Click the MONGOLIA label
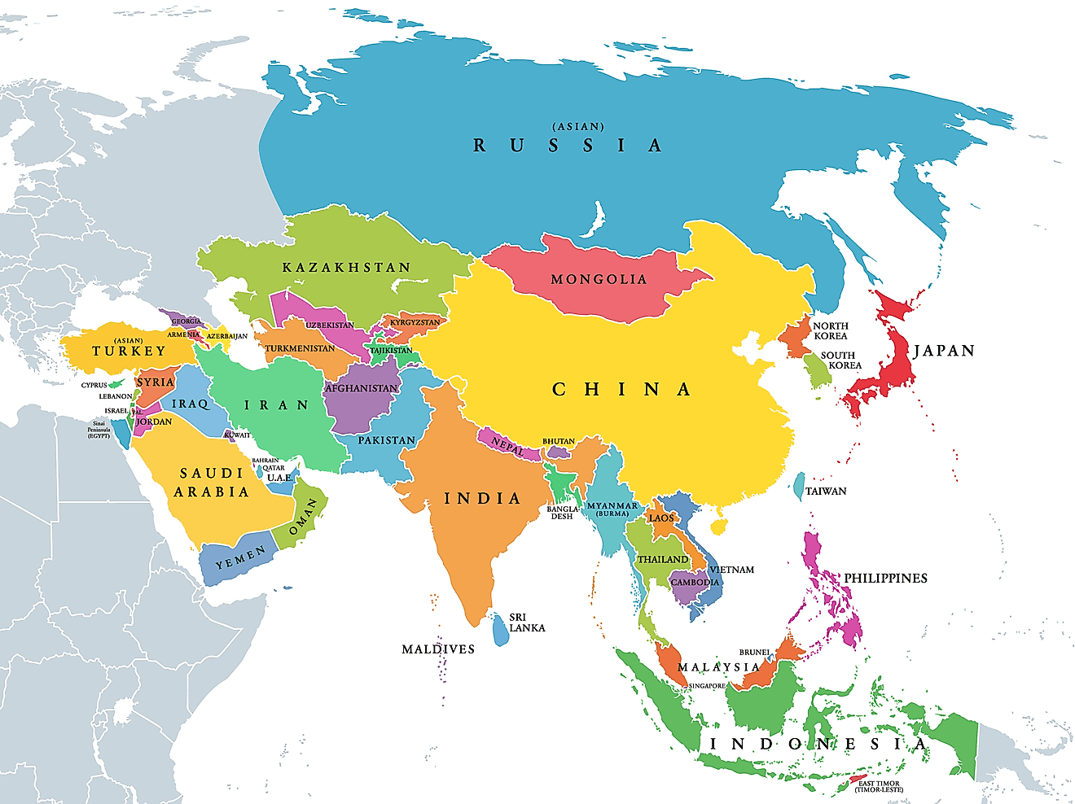(599, 279)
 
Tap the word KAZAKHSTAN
(346, 267)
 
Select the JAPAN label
(944, 351)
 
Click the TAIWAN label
(826, 492)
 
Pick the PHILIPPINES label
(885, 578)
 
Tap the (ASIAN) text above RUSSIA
(578, 127)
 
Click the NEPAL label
(507, 446)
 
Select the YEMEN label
(240, 558)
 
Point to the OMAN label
(303, 517)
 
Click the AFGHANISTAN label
(362, 388)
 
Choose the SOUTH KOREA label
(840, 360)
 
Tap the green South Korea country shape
(817, 370)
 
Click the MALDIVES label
(438, 649)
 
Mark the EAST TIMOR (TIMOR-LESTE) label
(879, 787)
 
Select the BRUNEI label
(754, 652)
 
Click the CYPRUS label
(94, 385)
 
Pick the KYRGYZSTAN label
(415, 322)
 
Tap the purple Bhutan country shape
(558, 452)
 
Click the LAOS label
(661, 518)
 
